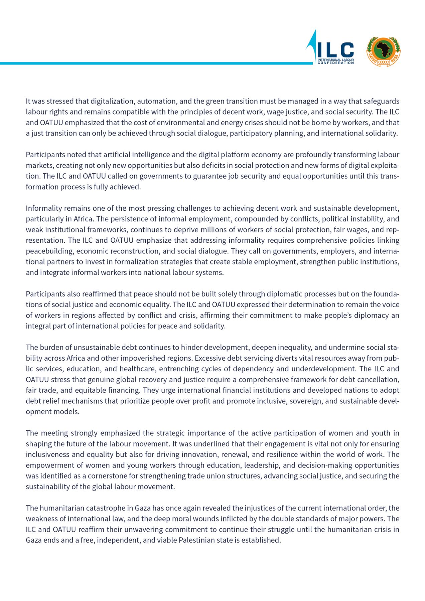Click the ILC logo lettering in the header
coord(335,50)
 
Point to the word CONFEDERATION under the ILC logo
coord(335,63)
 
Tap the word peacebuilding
coord(50,251)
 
